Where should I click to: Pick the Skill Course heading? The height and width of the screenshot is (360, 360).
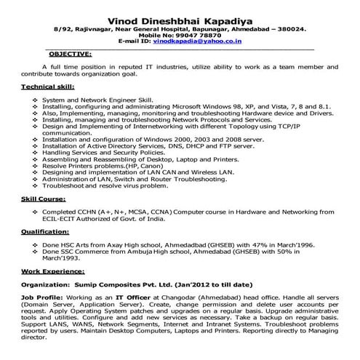click(41, 197)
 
